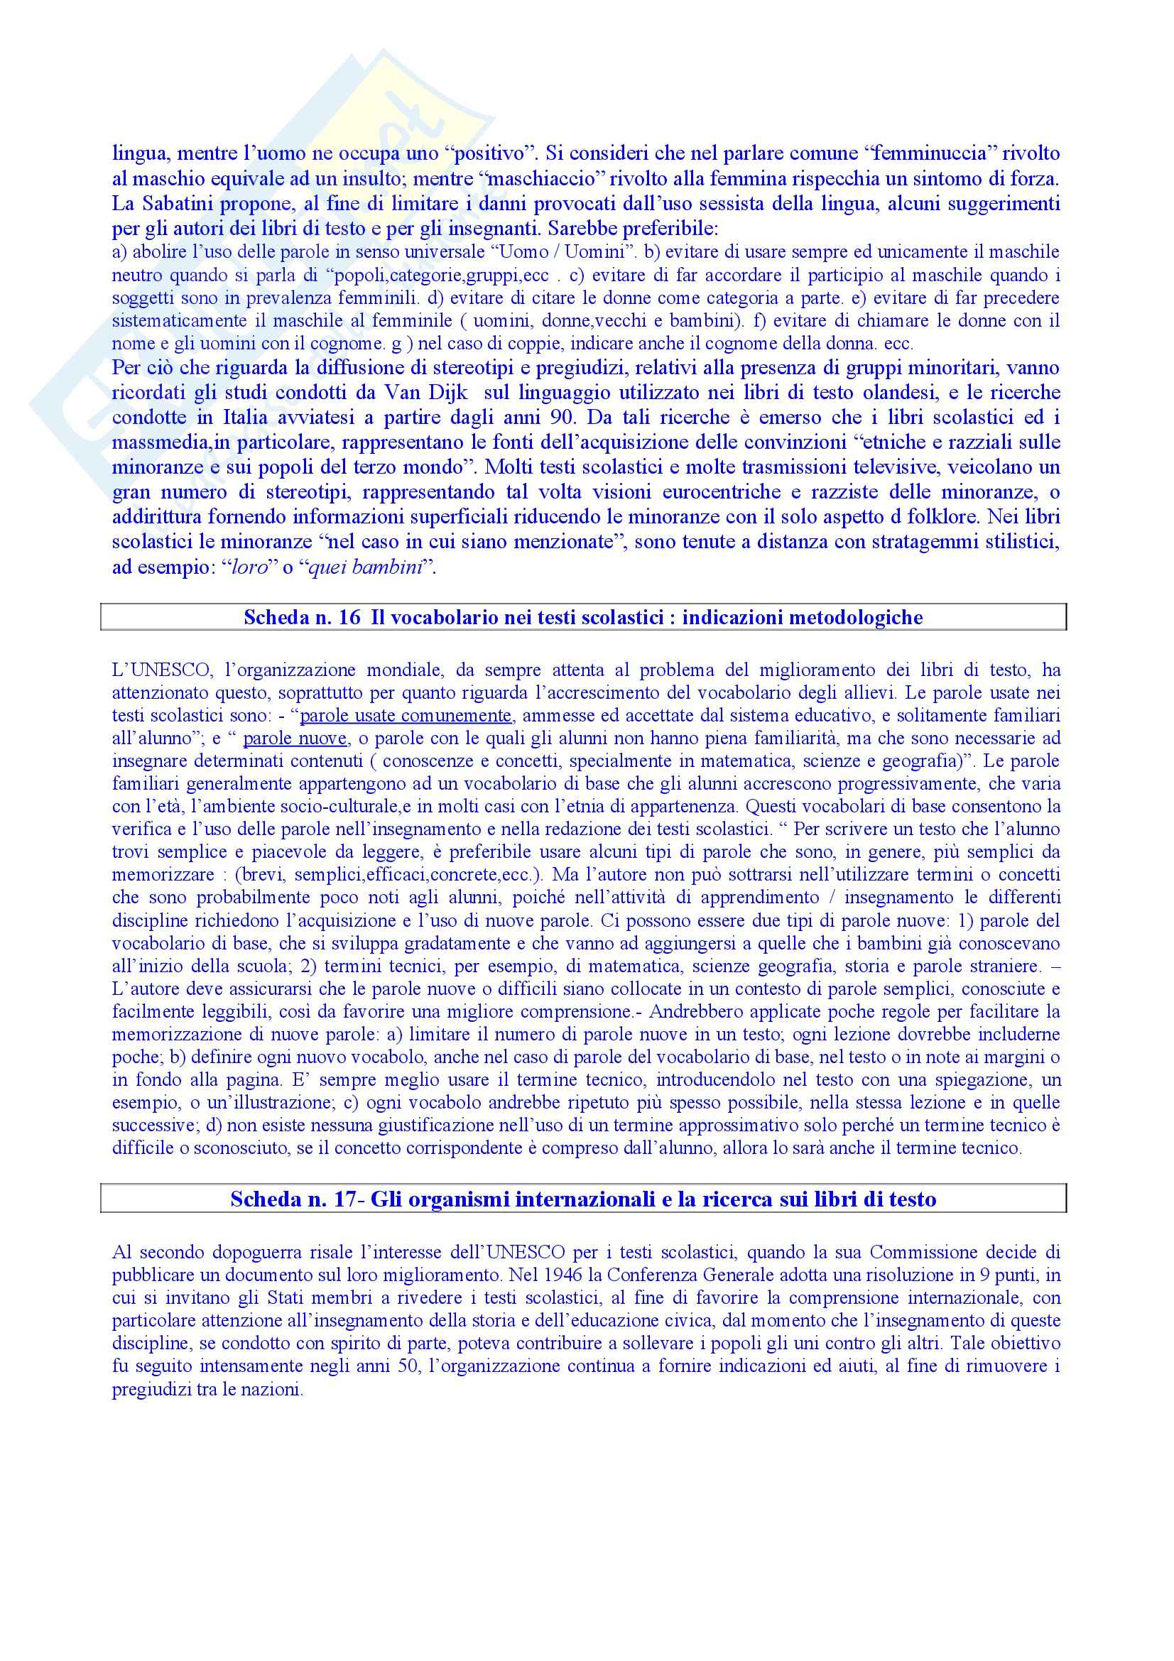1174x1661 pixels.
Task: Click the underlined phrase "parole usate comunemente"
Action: click(x=406, y=717)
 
